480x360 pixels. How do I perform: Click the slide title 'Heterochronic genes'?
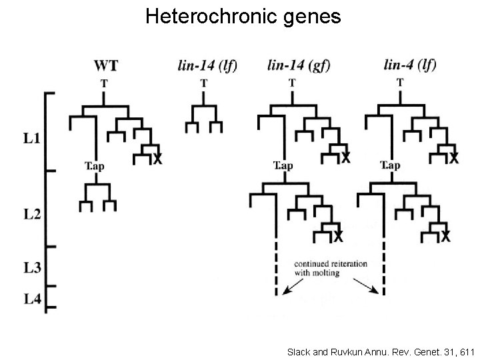pyautogui.click(x=243, y=16)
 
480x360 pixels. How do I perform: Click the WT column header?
pyautogui.click(x=106, y=65)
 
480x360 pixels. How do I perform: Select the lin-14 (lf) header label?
pyautogui.click(x=207, y=65)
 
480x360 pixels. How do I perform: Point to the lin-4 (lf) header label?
pyautogui.click(x=410, y=65)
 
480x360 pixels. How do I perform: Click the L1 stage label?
pyautogui.click(x=31, y=140)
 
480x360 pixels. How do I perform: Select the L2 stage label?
pyautogui.click(x=31, y=215)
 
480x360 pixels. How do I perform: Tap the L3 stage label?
pyautogui.click(x=31, y=268)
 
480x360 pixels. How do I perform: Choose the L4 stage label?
pyautogui.click(x=31, y=299)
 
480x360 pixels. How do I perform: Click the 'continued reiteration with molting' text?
pyautogui.click(x=330, y=268)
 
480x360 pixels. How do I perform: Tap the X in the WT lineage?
pyautogui.click(x=157, y=159)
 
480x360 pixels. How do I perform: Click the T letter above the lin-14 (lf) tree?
pyautogui.click(x=203, y=83)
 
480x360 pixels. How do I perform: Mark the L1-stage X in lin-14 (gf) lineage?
pyautogui.click(x=346, y=159)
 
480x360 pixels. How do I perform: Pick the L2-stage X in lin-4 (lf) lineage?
pyautogui.click(x=445, y=237)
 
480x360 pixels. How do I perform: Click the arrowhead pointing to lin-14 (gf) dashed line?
pyautogui.click(x=285, y=290)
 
